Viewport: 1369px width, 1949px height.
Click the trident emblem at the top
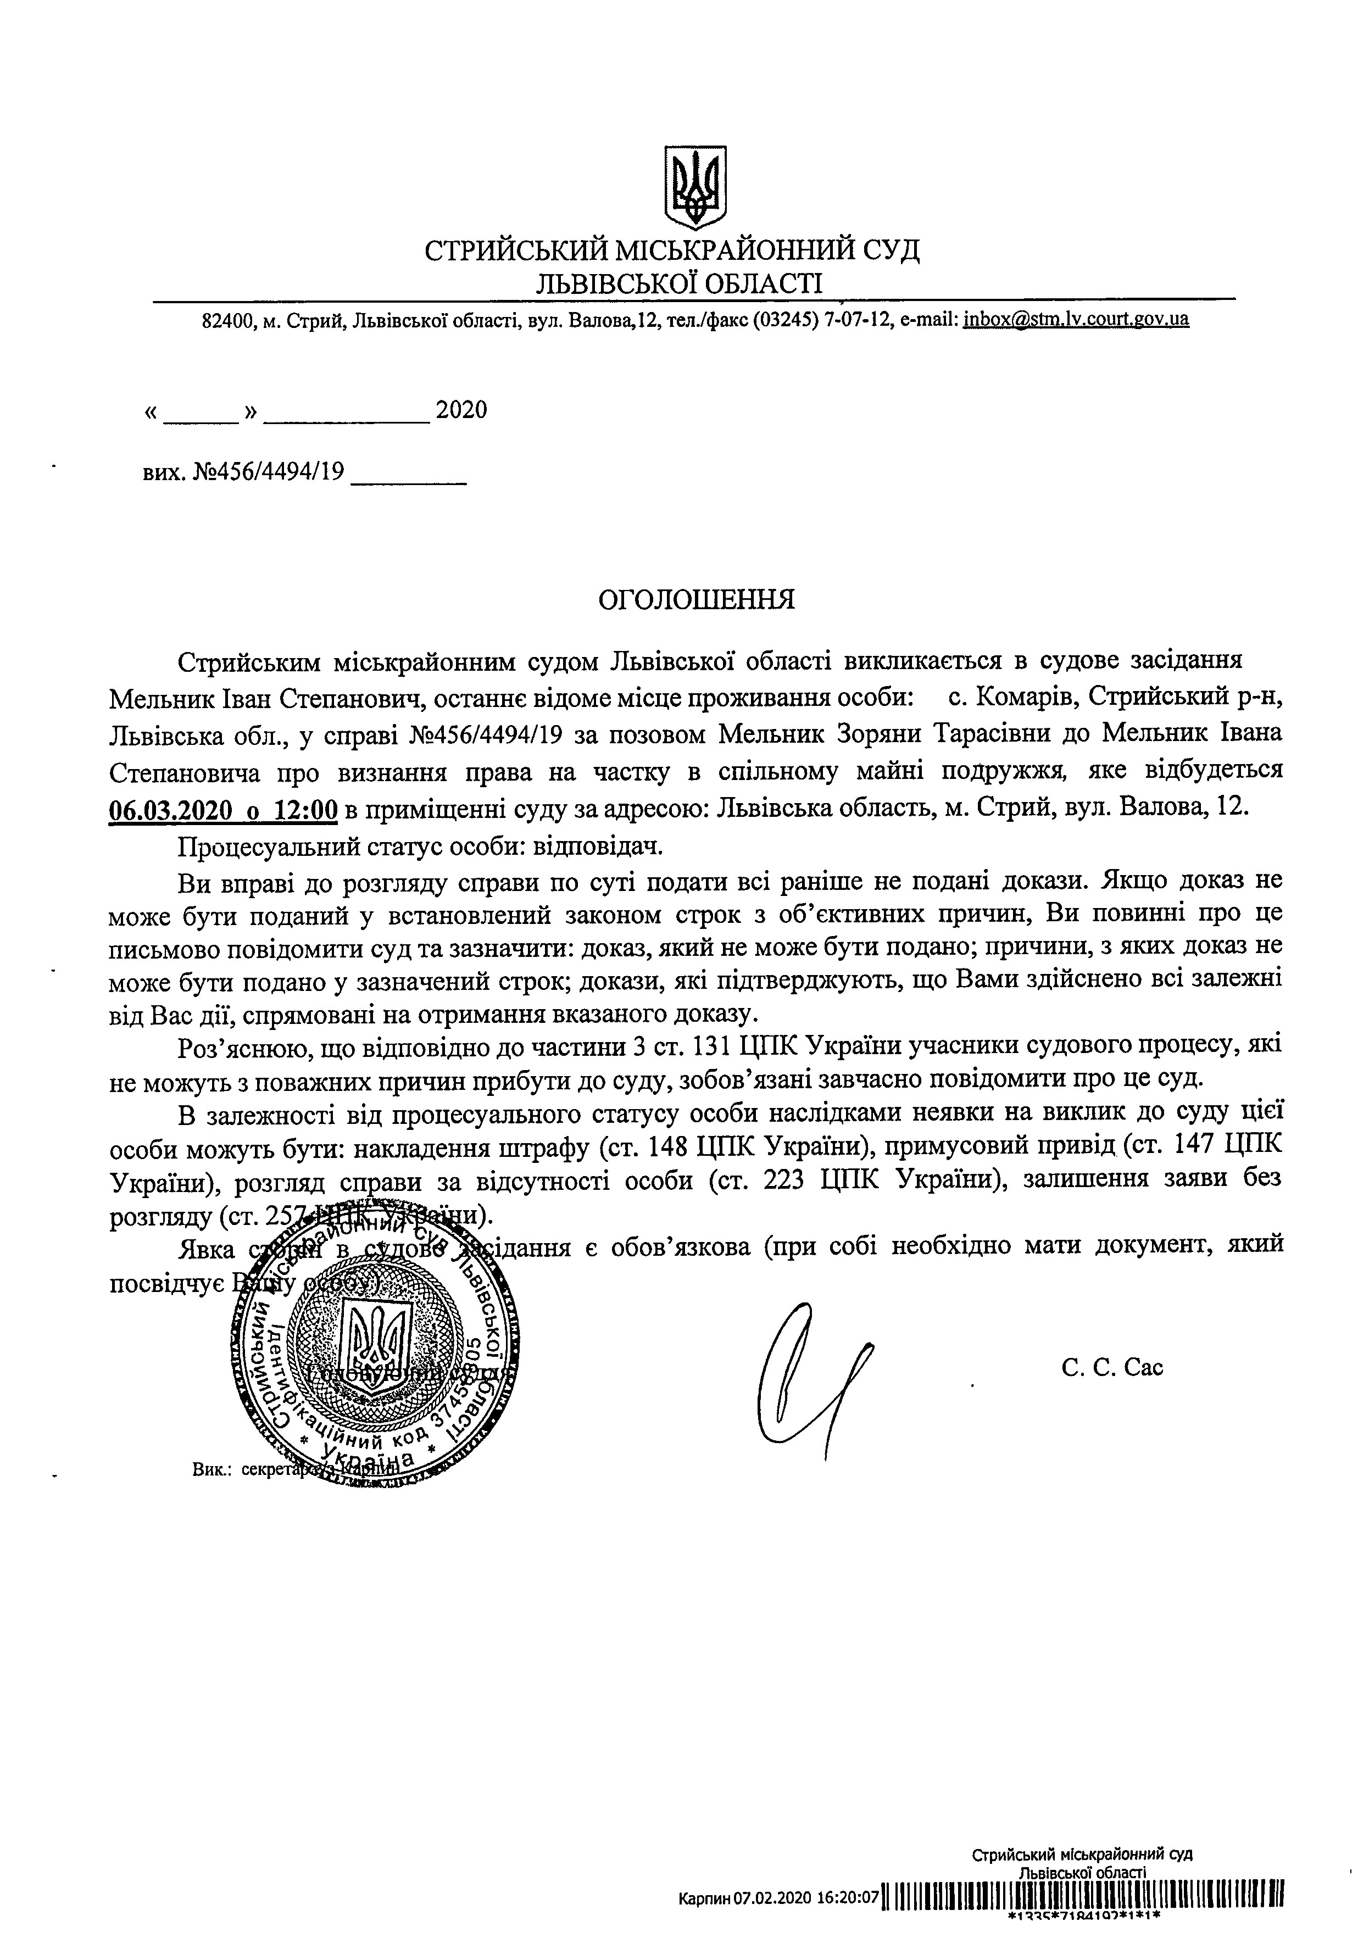click(x=695, y=185)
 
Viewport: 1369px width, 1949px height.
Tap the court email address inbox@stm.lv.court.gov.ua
click(x=1075, y=320)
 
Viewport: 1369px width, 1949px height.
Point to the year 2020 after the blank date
click(x=461, y=411)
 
